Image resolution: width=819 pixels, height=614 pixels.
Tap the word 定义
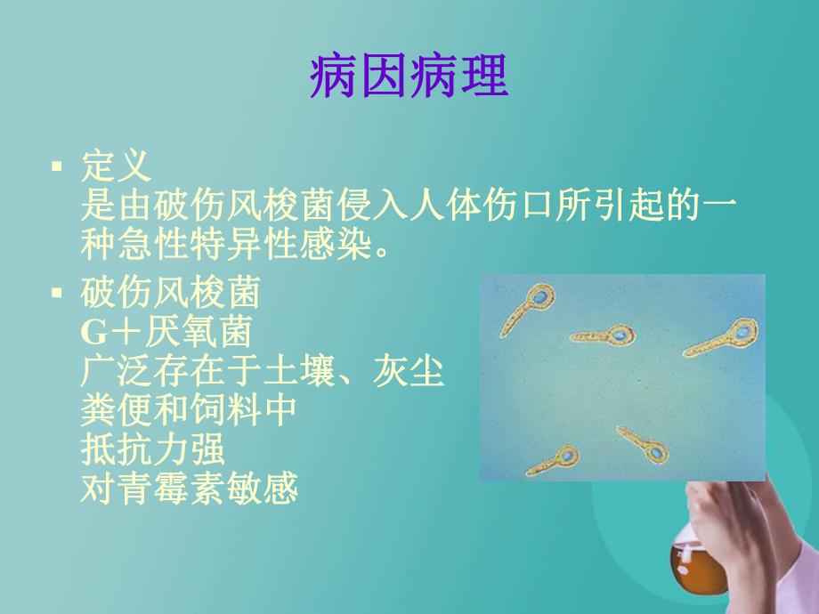click(116, 166)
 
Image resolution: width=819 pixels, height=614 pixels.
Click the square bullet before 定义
click(58, 166)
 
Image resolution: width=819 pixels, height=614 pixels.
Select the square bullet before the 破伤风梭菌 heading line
click(58, 292)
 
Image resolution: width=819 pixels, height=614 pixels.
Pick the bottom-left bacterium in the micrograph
click(552, 462)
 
